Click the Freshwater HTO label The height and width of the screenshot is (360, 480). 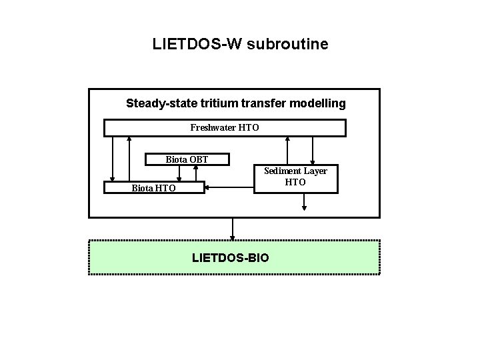tap(225, 127)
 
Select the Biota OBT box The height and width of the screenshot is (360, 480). tap(187, 159)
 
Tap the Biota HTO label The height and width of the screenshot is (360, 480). tap(154, 188)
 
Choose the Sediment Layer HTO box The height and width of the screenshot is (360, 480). tap(295, 177)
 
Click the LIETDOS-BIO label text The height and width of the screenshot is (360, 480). tap(231, 257)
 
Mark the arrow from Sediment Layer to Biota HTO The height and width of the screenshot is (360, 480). tap(230, 187)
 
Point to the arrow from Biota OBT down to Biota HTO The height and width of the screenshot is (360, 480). tap(179, 173)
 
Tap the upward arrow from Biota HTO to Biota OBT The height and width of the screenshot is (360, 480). tap(195, 173)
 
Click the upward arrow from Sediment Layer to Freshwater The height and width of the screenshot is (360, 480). tap(287, 150)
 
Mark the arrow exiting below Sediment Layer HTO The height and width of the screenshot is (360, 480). tap(304, 202)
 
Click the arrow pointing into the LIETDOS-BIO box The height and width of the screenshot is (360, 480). tap(233, 229)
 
